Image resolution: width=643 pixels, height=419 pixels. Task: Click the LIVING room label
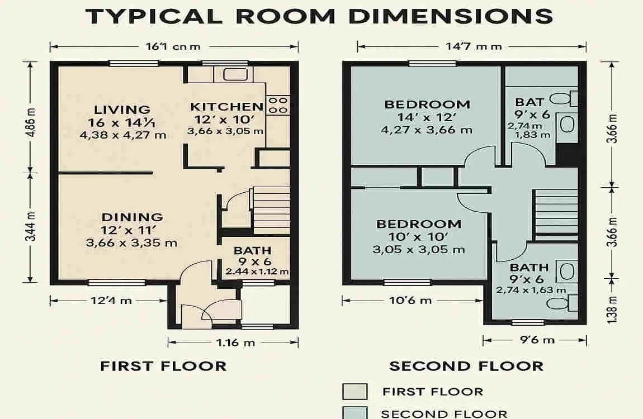[x=122, y=109]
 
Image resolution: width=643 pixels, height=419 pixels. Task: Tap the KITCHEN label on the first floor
[x=226, y=107]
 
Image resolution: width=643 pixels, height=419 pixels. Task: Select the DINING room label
[x=132, y=217]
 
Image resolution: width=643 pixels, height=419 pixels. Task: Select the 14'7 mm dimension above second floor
[x=473, y=46]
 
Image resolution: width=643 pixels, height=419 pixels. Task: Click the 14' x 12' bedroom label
[x=427, y=104]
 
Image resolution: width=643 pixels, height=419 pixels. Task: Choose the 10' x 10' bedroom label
[x=419, y=224]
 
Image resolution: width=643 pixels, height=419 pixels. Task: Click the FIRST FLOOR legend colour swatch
[x=354, y=392]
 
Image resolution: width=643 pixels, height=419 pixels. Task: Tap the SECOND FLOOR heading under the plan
[x=466, y=366]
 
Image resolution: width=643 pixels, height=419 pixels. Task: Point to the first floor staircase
[x=271, y=210]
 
